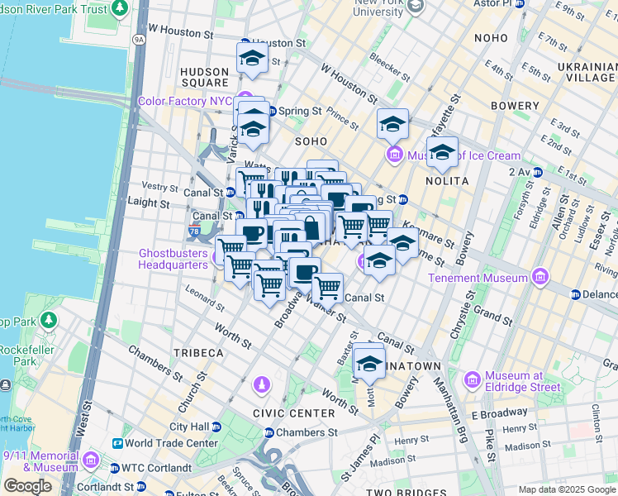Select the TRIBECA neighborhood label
pos(198,353)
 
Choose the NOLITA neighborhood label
pos(448,180)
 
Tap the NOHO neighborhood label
pos(491,39)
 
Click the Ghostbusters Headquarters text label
pos(172,259)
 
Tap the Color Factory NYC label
pos(185,101)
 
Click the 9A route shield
pos(138,39)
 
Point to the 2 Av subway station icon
pos(537,172)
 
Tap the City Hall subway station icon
pos(216,427)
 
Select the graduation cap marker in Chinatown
pos(369,363)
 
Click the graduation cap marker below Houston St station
pos(252,57)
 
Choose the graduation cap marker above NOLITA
pos(442,151)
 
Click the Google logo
pos(27,486)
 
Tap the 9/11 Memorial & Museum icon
pos(91,460)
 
